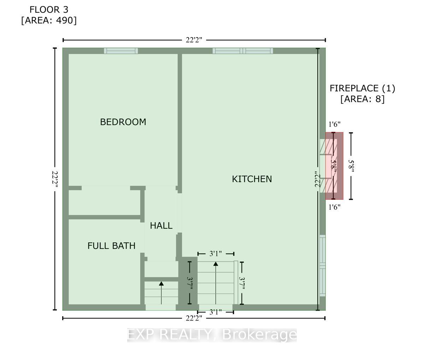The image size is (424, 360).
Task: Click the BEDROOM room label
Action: pos(123,122)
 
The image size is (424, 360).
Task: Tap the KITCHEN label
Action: pos(252,179)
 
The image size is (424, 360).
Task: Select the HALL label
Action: pos(161,226)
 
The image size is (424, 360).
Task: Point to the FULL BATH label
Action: pos(111,246)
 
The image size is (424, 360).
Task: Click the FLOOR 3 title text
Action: pos(49,9)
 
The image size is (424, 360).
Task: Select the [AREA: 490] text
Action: pos(49,20)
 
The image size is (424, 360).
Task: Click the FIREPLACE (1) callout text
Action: pos(362,88)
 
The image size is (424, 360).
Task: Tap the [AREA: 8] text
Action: pos(362,99)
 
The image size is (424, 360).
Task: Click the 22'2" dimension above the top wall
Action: pos(194,40)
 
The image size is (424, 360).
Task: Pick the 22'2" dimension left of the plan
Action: pos(55,179)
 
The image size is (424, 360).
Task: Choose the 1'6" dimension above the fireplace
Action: pos(334,124)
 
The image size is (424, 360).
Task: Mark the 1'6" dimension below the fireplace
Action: pos(334,207)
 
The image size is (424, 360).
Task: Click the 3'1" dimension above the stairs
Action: pos(216,253)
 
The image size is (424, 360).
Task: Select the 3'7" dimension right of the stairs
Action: pos(242,283)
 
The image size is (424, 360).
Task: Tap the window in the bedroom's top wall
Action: pos(121,51)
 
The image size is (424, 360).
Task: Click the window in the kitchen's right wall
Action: pos(322,265)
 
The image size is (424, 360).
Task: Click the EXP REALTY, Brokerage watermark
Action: pos(212,335)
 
